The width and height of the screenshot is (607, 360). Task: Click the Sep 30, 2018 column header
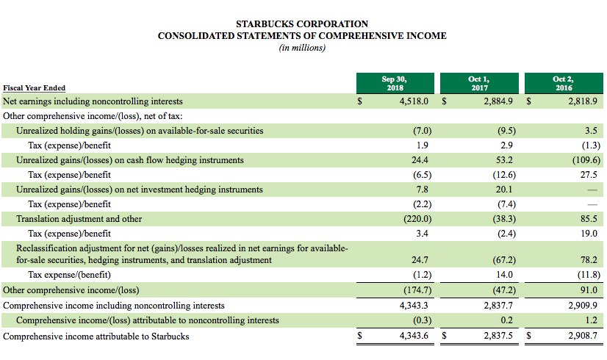tap(394, 82)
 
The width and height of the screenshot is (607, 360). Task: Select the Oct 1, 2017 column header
tap(478, 82)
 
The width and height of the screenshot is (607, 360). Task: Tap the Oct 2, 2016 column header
tap(563, 82)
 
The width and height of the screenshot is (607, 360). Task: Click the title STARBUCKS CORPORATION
tap(302, 24)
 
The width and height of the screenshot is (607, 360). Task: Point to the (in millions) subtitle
tap(302, 48)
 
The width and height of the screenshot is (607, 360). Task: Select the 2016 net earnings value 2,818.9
tap(583, 101)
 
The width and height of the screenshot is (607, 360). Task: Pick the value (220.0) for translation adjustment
tap(417, 219)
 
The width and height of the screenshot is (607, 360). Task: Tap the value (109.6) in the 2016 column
tap(586, 160)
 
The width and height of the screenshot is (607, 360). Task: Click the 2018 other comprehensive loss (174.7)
tap(417, 289)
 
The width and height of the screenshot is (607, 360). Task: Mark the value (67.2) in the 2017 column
tap(503, 260)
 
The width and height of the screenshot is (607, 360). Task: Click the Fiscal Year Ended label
tap(35, 88)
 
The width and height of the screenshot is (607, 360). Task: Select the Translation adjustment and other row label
tap(79, 219)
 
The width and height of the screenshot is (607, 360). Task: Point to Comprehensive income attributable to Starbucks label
tap(96, 336)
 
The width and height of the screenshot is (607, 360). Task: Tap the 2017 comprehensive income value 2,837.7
tap(499, 305)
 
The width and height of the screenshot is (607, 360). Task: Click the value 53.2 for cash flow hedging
tap(504, 160)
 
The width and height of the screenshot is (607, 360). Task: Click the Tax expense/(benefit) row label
tap(71, 275)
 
